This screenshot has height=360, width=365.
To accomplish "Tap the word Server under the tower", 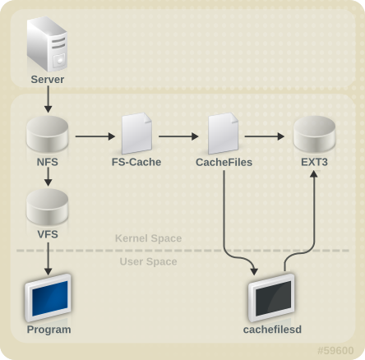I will coord(47,80).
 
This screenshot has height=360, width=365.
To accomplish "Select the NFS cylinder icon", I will coord(47,134).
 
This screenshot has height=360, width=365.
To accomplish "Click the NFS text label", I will coord(47,162).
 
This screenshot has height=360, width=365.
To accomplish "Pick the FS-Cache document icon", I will coord(136,134).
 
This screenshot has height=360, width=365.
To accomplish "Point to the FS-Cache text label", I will coord(136,162).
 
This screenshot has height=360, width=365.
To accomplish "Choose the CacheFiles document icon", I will coord(224,134).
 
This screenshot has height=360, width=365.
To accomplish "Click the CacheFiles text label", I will coord(224,162).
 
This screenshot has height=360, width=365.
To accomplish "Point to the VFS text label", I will coord(47,233).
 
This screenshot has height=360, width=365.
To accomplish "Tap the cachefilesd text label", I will coord(272,330).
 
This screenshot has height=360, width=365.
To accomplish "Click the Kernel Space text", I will coord(148,238).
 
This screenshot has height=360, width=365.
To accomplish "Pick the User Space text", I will coord(148,261).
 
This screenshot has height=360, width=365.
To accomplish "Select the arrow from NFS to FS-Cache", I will coord(92,135).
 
